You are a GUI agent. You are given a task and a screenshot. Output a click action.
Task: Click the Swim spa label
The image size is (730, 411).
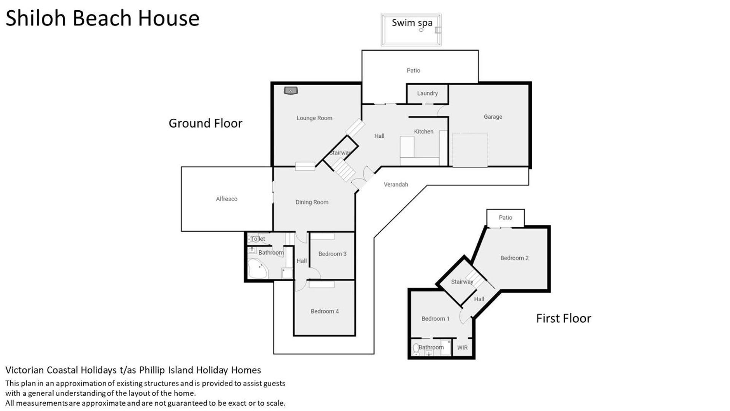(x=412, y=23)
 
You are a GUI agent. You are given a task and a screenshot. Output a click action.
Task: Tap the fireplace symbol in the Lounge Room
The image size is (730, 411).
(x=291, y=91)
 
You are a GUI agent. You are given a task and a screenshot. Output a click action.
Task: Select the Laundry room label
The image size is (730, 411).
(x=427, y=93)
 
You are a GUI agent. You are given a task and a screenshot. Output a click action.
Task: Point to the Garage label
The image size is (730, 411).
(x=493, y=117)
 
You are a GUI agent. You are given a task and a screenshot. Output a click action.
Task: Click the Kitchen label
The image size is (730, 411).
(x=423, y=131)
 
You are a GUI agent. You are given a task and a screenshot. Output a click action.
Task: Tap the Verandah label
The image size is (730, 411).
(x=396, y=184)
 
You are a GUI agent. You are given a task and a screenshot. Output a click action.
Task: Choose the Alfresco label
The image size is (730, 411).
(x=226, y=199)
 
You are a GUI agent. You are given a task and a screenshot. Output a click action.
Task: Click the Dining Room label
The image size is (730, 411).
(x=312, y=202)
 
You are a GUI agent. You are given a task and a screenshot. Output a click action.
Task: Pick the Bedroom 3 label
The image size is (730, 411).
(x=332, y=254)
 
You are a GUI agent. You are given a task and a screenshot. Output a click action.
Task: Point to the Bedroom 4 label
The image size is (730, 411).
(x=324, y=311)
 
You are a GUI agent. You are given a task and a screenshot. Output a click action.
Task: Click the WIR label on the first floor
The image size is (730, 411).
(x=462, y=347)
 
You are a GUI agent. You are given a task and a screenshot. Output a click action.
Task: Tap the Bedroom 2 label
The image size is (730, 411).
(x=514, y=258)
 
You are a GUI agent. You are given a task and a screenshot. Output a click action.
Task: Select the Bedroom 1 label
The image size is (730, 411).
(x=435, y=319)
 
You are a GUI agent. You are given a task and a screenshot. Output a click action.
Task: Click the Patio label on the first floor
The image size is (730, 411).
(x=505, y=217)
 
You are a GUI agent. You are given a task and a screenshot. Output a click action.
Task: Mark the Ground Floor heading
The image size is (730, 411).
(x=205, y=123)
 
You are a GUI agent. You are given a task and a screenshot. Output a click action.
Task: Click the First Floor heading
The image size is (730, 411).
(x=563, y=318)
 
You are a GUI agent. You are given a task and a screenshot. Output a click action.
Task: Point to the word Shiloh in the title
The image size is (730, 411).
(x=37, y=18)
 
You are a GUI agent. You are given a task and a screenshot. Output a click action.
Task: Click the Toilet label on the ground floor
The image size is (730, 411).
(x=258, y=239)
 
